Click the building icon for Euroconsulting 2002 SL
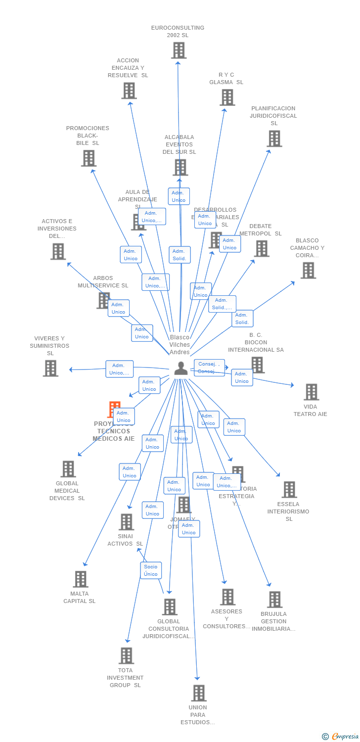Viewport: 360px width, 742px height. point(179,50)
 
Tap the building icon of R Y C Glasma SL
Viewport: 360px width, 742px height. point(227,97)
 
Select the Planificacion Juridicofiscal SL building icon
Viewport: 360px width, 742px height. point(274,139)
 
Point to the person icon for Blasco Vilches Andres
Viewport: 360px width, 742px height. point(180,368)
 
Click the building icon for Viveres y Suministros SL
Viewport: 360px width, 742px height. point(50,368)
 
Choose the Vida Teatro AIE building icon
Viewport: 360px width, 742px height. point(311,392)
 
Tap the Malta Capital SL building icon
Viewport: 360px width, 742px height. point(80,579)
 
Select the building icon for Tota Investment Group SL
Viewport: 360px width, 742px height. point(126,656)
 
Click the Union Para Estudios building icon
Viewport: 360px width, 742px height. point(198,693)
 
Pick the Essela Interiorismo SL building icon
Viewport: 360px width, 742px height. point(289,490)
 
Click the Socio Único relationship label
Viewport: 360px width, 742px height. point(151,570)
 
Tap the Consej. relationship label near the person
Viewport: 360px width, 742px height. point(209,368)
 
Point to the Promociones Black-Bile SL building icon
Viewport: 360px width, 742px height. point(89,158)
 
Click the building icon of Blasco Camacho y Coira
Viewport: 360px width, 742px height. point(308,271)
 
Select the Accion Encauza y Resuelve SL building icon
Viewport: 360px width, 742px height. point(129,91)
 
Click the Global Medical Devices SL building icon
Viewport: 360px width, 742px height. point(68,469)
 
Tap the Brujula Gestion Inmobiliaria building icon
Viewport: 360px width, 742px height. point(274,600)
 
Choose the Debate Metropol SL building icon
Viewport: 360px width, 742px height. point(261,249)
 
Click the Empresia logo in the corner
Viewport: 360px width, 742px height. point(341,737)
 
